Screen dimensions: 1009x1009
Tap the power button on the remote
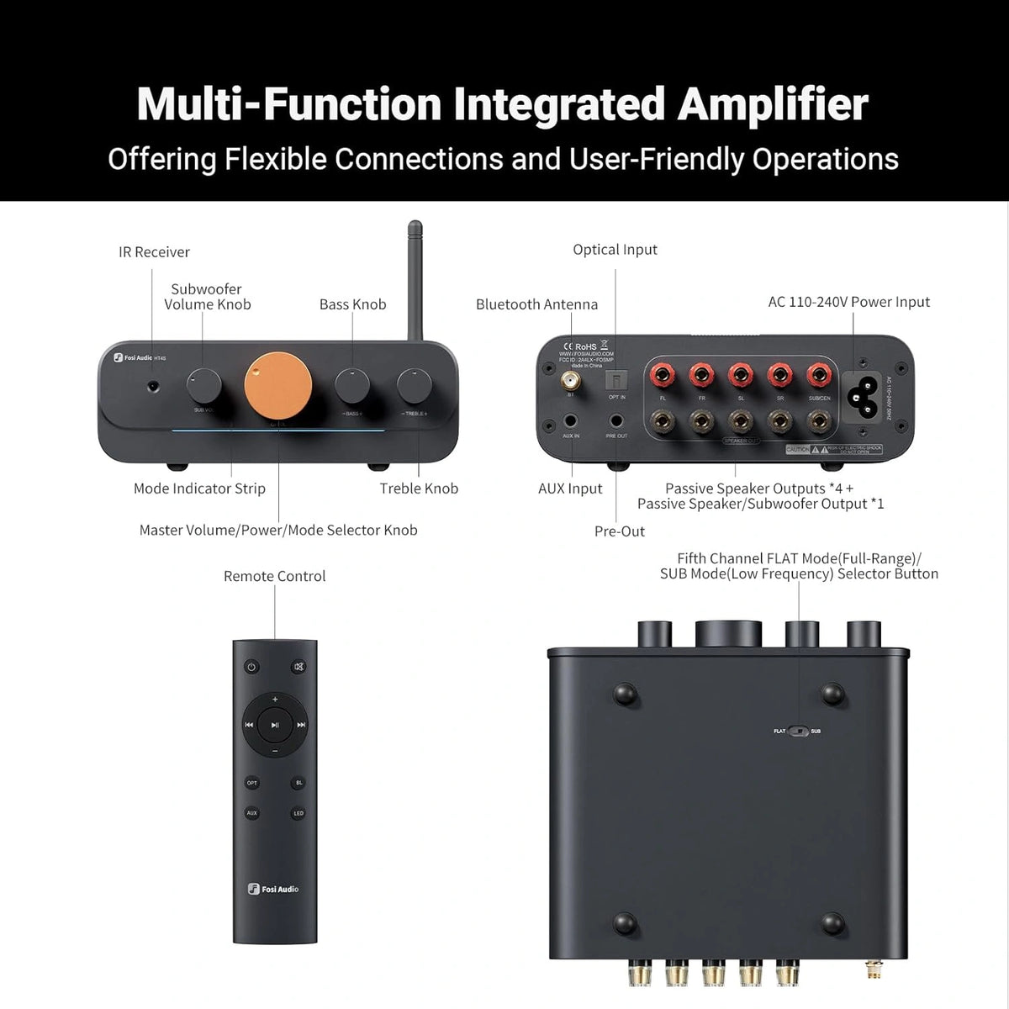point(251,667)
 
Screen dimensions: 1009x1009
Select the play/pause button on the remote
point(275,724)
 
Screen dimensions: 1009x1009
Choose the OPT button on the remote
point(251,783)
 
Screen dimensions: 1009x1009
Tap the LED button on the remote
point(298,813)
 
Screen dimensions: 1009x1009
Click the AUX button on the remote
point(251,813)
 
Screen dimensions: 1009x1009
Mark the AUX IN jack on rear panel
point(571,420)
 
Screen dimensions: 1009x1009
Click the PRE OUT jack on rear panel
point(616,420)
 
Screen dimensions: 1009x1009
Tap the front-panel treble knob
point(414,385)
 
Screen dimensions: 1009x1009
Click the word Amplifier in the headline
point(773,104)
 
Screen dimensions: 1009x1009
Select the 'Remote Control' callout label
point(274,576)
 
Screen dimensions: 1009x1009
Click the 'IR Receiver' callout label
point(154,252)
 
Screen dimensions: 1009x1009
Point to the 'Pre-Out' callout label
point(620,531)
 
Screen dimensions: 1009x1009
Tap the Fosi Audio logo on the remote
point(274,889)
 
